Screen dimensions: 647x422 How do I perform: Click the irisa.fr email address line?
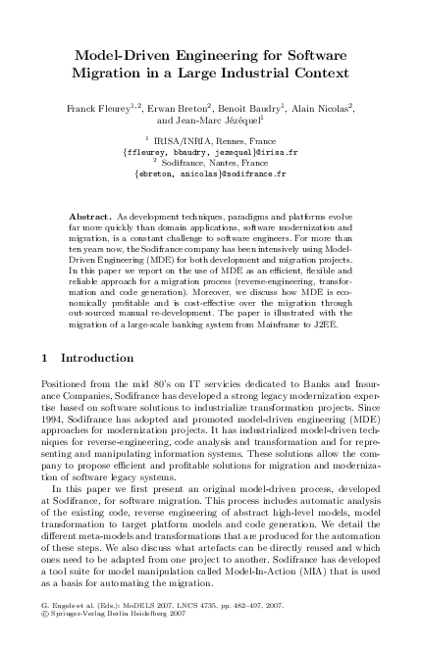point(210,152)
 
